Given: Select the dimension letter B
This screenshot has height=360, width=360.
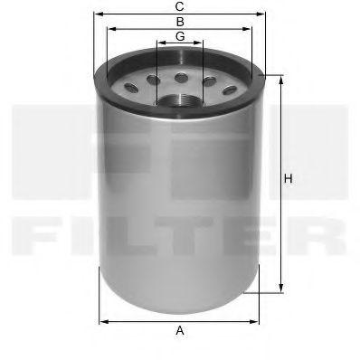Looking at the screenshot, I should (180, 21).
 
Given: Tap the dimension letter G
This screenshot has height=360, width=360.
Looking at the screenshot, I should (180, 35).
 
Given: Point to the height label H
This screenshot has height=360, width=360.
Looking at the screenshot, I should (288, 178).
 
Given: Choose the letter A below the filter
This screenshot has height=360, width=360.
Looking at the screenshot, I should (180, 332).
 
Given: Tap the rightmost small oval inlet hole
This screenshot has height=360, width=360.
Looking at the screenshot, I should (229, 89).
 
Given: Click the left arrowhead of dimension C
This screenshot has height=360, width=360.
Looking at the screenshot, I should (96, 14).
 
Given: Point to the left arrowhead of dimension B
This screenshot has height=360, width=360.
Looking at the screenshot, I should (109, 28).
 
